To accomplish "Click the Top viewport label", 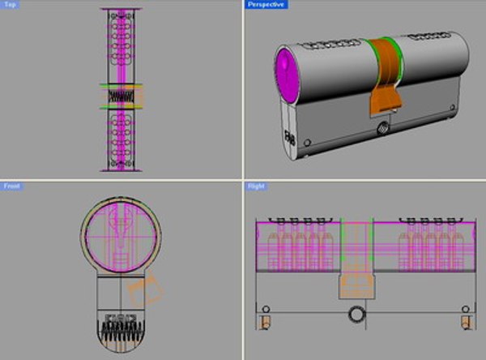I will click(x=11, y=5).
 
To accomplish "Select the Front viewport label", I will click(x=12, y=186).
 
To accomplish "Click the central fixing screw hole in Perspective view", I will click(x=382, y=127).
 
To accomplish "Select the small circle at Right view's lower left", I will click(x=264, y=309).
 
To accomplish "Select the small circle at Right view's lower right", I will click(x=464, y=309).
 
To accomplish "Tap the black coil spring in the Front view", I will click(x=121, y=333).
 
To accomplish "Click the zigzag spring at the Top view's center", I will click(x=120, y=96).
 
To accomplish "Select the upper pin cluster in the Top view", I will click(x=120, y=45).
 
